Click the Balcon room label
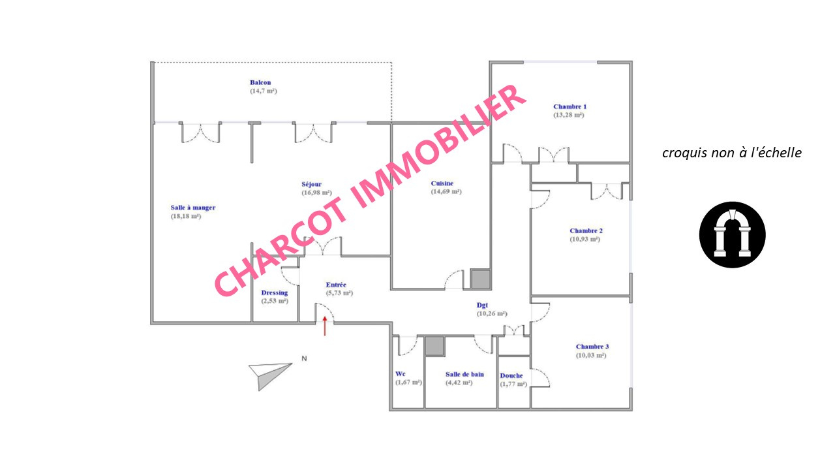click(x=260, y=82)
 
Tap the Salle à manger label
click(x=193, y=208)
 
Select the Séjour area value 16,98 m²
click(x=316, y=193)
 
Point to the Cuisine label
click(x=442, y=183)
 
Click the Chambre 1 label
click(x=569, y=106)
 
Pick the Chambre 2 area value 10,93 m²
click(x=585, y=239)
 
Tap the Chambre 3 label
click(x=592, y=347)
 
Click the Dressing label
click(x=275, y=293)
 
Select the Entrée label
click(x=336, y=285)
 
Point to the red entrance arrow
click(x=325, y=326)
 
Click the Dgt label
click(x=482, y=305)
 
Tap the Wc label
click(x=401, y=374)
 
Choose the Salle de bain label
click(x=464, y=374)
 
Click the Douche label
click(x=511, y=375)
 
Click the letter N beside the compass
click(x=304, y=358)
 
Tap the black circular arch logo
click(x=732, y=234)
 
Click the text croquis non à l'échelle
click(x=732, y=153)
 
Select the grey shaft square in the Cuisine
click(x=481, y=279)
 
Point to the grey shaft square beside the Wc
click(x=434, y=346)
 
